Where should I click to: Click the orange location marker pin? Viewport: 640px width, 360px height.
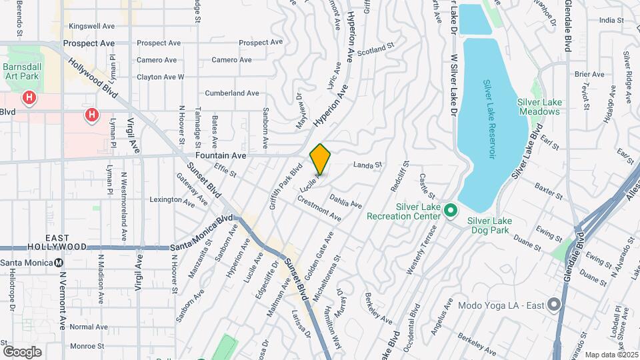(321, 159)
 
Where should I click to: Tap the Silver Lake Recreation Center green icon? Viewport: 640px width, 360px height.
(451, 211)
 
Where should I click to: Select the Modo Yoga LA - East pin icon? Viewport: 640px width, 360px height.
(554, 306)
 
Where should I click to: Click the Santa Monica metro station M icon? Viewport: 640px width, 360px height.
(59, 262)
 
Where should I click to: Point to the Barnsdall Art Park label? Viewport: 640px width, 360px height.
(21, 71)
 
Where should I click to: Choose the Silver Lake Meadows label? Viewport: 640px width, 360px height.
(538, 107)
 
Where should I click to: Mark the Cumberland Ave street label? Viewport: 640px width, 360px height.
(232, 93)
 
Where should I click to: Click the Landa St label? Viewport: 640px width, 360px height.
(367, 164)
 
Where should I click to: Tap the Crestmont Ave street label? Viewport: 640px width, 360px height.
(319, 209)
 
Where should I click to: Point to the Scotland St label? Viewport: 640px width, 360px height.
(372, 51)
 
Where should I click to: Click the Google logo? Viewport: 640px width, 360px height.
(22, 352)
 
